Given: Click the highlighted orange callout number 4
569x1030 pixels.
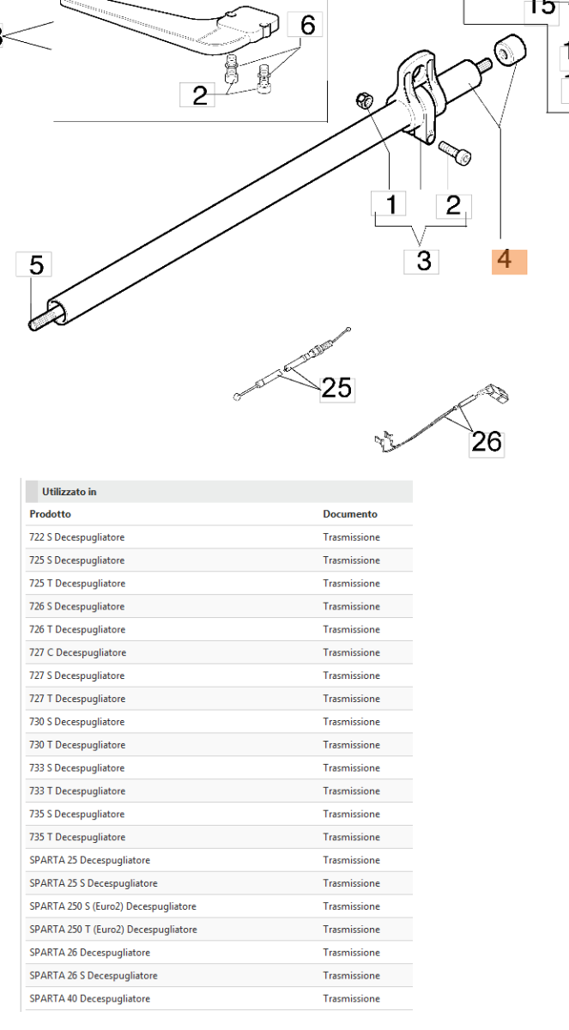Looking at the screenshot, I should point(508,260).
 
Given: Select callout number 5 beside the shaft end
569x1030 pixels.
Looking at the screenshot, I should point(36,265).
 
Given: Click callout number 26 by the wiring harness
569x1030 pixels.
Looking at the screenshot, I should point(486,442).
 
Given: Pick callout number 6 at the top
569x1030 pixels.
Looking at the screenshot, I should point(306,27).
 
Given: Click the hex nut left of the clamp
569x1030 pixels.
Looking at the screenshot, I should point(364,102).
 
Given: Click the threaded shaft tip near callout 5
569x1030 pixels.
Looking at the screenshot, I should point(39,324).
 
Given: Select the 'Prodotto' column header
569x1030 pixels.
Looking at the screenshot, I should point(50,514).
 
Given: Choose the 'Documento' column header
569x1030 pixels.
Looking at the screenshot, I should point(349,514).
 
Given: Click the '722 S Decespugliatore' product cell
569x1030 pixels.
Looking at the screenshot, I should point(77,537).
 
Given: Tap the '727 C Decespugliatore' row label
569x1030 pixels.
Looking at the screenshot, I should point(77,652).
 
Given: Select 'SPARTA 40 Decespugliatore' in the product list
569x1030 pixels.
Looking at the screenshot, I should point(89,998).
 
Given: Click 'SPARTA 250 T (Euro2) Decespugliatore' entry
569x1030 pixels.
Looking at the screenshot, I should point(113,930).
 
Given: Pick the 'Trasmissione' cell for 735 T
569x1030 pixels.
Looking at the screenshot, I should point(351,837).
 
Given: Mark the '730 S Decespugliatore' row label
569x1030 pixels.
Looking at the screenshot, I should point(77,722).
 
